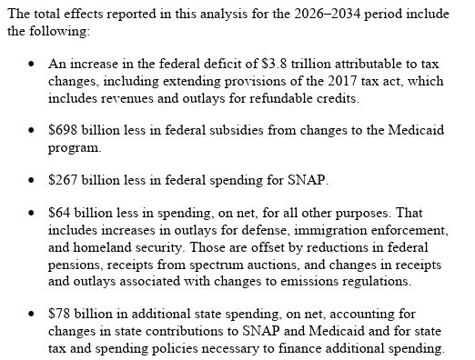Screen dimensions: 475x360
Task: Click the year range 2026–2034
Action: pos(327,14)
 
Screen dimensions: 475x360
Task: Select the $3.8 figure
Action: pos(274,64)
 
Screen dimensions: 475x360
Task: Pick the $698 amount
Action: pos(63,130)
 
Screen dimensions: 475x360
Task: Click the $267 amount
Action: pos(63,180)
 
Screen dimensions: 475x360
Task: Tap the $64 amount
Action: pos(59,213)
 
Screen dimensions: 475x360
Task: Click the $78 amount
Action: pos(59,314)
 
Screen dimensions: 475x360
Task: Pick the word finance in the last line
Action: pos(299,348)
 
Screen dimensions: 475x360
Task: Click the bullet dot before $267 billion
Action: pos(31,180)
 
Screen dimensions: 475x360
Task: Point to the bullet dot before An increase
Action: pos(31,65)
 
